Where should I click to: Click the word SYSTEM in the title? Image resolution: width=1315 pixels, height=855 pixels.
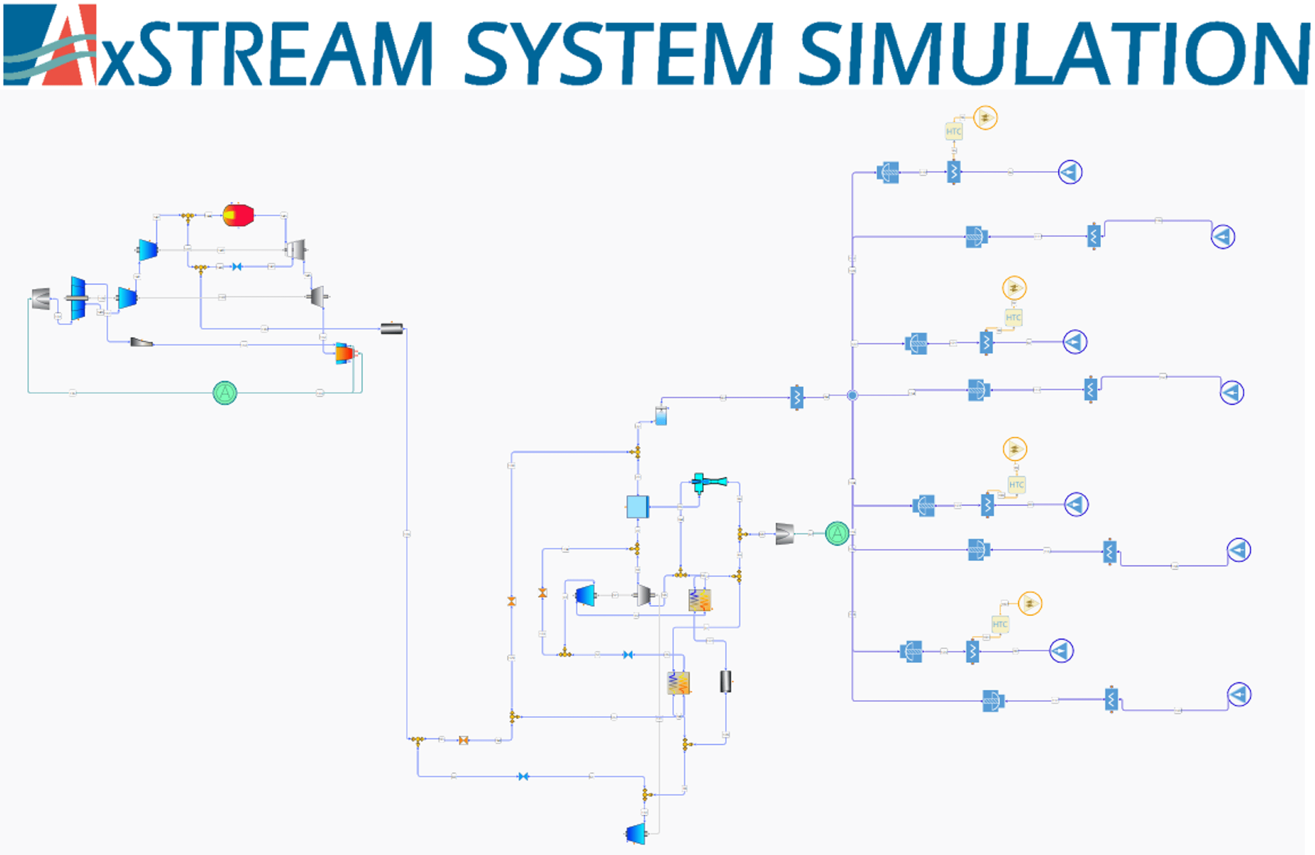pyautogui.click(x=619, y=53)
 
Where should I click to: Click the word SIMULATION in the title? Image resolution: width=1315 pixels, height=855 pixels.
pyautogui.click(x=1053, y=53)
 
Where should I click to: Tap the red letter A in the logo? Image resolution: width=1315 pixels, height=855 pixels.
pyautogui.click(x=69, y=47)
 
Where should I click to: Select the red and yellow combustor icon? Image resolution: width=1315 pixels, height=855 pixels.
pyautogui.click(x=238, y=215)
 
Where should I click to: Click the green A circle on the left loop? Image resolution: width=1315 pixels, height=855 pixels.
pyautogui.click(x=225, y=393)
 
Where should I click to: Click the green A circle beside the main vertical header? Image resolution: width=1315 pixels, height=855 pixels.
pyautogui.click(x=837, y=533)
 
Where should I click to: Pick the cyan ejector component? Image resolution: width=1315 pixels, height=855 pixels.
pyautogui.click(x=709, y=482)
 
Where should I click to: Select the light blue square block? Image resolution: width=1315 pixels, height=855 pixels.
pyautogui.click(x=637, y=506)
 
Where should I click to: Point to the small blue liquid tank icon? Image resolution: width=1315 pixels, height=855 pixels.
pyautogui.click(x=661, y=415)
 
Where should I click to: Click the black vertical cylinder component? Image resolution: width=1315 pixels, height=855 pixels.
pyautogui.click(x=726, y=681)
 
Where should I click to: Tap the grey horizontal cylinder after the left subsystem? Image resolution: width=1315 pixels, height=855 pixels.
pyautogui.click(x=392, y=329)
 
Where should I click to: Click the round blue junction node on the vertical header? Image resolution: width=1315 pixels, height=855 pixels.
pyautogui.click(x=853, y=395)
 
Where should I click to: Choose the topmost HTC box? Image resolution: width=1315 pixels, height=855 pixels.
pyautogui.click(x=954, y=132)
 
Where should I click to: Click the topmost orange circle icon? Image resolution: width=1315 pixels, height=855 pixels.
pyautogui.click(x=985, y=118)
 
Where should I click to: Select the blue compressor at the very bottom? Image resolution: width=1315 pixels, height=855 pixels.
pyautogui.click(x=636, y=834)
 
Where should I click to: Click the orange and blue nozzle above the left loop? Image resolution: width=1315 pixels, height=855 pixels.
pyautogui.click(x=344, y=353)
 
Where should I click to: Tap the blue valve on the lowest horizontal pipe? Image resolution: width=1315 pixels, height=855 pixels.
pyautogui.click(x=523, y=776)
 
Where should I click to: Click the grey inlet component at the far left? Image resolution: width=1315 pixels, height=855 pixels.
pyautogui.click(x=41, y=299)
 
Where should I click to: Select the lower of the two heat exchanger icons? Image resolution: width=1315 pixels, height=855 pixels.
pyautogui.click(x=679, y=683)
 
